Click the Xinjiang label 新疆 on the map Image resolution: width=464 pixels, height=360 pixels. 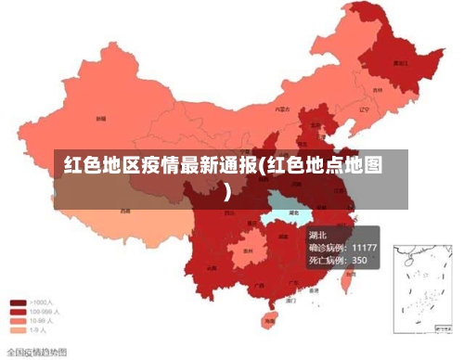(99, 119)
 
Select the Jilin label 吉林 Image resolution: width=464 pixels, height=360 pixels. (378, 91)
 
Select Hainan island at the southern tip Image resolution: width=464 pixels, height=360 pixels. (270, 320)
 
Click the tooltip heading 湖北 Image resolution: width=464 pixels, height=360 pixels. (317, 235)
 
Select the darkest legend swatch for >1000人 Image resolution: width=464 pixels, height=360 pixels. (18, 302)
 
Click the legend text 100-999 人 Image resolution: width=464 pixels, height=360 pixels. (45, 311)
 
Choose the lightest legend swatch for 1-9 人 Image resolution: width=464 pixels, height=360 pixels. (18, 328)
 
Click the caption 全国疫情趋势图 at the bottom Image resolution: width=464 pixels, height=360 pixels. (36, 352)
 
